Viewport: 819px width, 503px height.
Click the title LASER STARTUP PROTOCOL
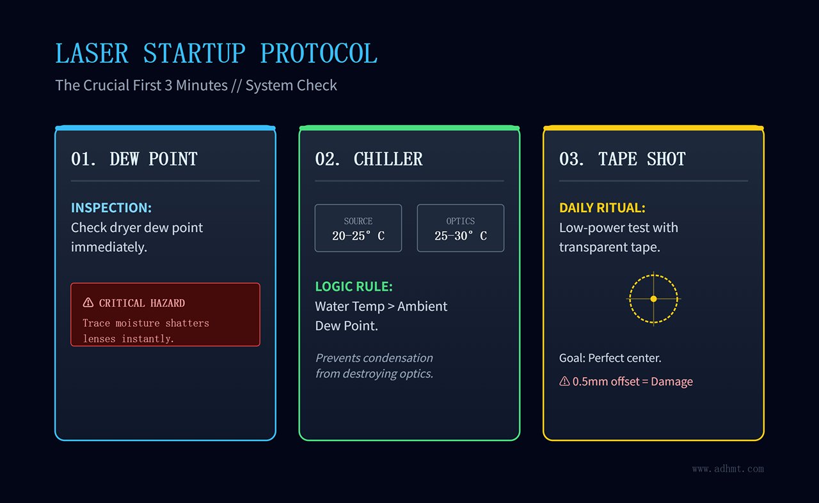point(216,54)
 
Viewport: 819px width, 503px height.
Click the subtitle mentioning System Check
point(196,85)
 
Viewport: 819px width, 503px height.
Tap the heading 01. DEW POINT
point(134,159)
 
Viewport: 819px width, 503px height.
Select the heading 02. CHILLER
point(369,159)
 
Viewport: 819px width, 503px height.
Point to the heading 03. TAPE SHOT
point(622,159)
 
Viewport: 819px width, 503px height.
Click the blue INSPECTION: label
point(111,208)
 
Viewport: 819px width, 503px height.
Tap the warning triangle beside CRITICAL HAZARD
point(88,303)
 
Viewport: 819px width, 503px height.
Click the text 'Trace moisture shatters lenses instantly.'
point(146,330)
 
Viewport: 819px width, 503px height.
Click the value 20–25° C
point(358,236)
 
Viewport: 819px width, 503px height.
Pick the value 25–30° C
point(460,236)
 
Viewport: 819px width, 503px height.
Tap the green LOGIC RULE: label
point(354,286)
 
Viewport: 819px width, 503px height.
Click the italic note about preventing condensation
point(374,366)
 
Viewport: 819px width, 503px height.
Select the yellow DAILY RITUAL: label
point(602,208)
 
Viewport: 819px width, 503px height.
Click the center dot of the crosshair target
point(653,298)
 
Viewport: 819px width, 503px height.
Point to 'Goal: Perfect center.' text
point(610,358)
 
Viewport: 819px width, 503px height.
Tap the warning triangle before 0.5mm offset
point(564,382)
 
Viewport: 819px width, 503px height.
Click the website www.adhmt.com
point(728,468)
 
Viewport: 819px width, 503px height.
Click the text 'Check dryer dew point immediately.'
point(137,237)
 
